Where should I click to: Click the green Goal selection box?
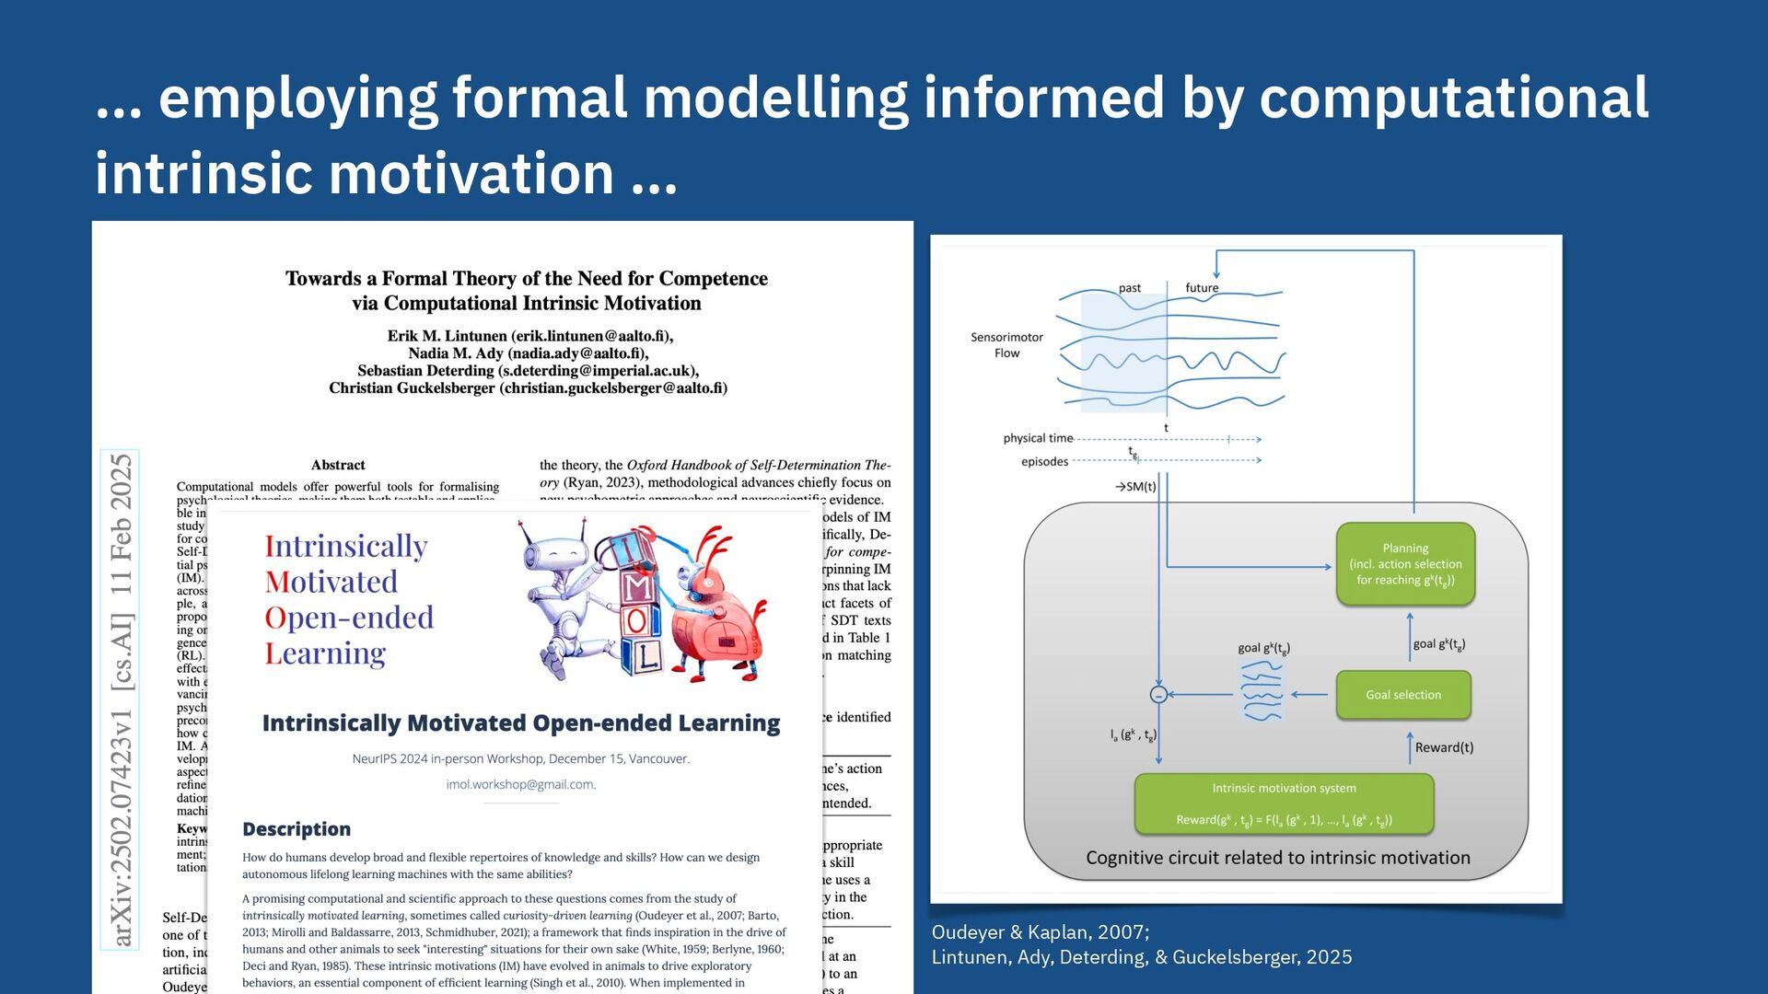tap(1402, 695)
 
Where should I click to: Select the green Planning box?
tap(1405, 564)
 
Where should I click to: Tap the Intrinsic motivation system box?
tap(1284, 803)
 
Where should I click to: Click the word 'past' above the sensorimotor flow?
tap(1129, 288)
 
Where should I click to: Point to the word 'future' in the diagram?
tap(1202, 288)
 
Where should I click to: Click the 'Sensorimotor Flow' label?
tap(1006, 345)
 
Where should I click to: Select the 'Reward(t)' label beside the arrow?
tap(1444, 747)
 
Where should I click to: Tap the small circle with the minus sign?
tap(1158, 695)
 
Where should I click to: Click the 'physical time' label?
tap(1038, 438)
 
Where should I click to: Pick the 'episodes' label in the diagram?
tap(1044, 462)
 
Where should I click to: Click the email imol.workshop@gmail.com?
tap(520, 785)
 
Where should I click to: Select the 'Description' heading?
tap(297, 829)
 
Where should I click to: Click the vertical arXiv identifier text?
tap(121, 699)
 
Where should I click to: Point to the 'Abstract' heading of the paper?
tap(338, 465)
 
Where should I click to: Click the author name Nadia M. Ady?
tap(456, 353)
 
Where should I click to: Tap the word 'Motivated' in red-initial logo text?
tap(331, 582)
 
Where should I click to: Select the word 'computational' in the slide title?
tap(1453, 98)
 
